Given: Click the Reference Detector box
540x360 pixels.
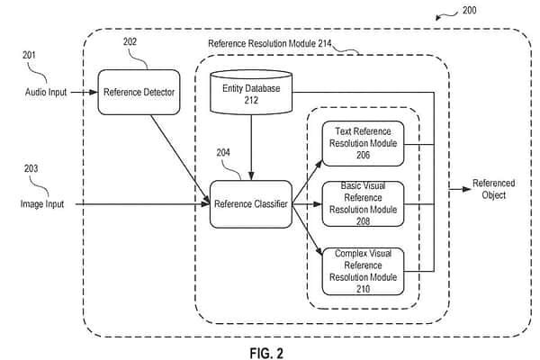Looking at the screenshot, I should pyautogui.click(x=138, y=91).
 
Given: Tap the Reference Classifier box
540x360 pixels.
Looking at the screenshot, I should pyautogui.click(x=250, y=204).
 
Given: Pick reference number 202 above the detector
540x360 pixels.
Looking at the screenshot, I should pyautogui.click(x=130, y=40).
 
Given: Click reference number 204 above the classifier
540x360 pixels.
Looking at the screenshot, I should pyautogui.click(x=222, y=154).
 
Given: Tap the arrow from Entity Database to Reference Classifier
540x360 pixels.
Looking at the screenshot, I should pyautogui.click(x=250, y=148).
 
